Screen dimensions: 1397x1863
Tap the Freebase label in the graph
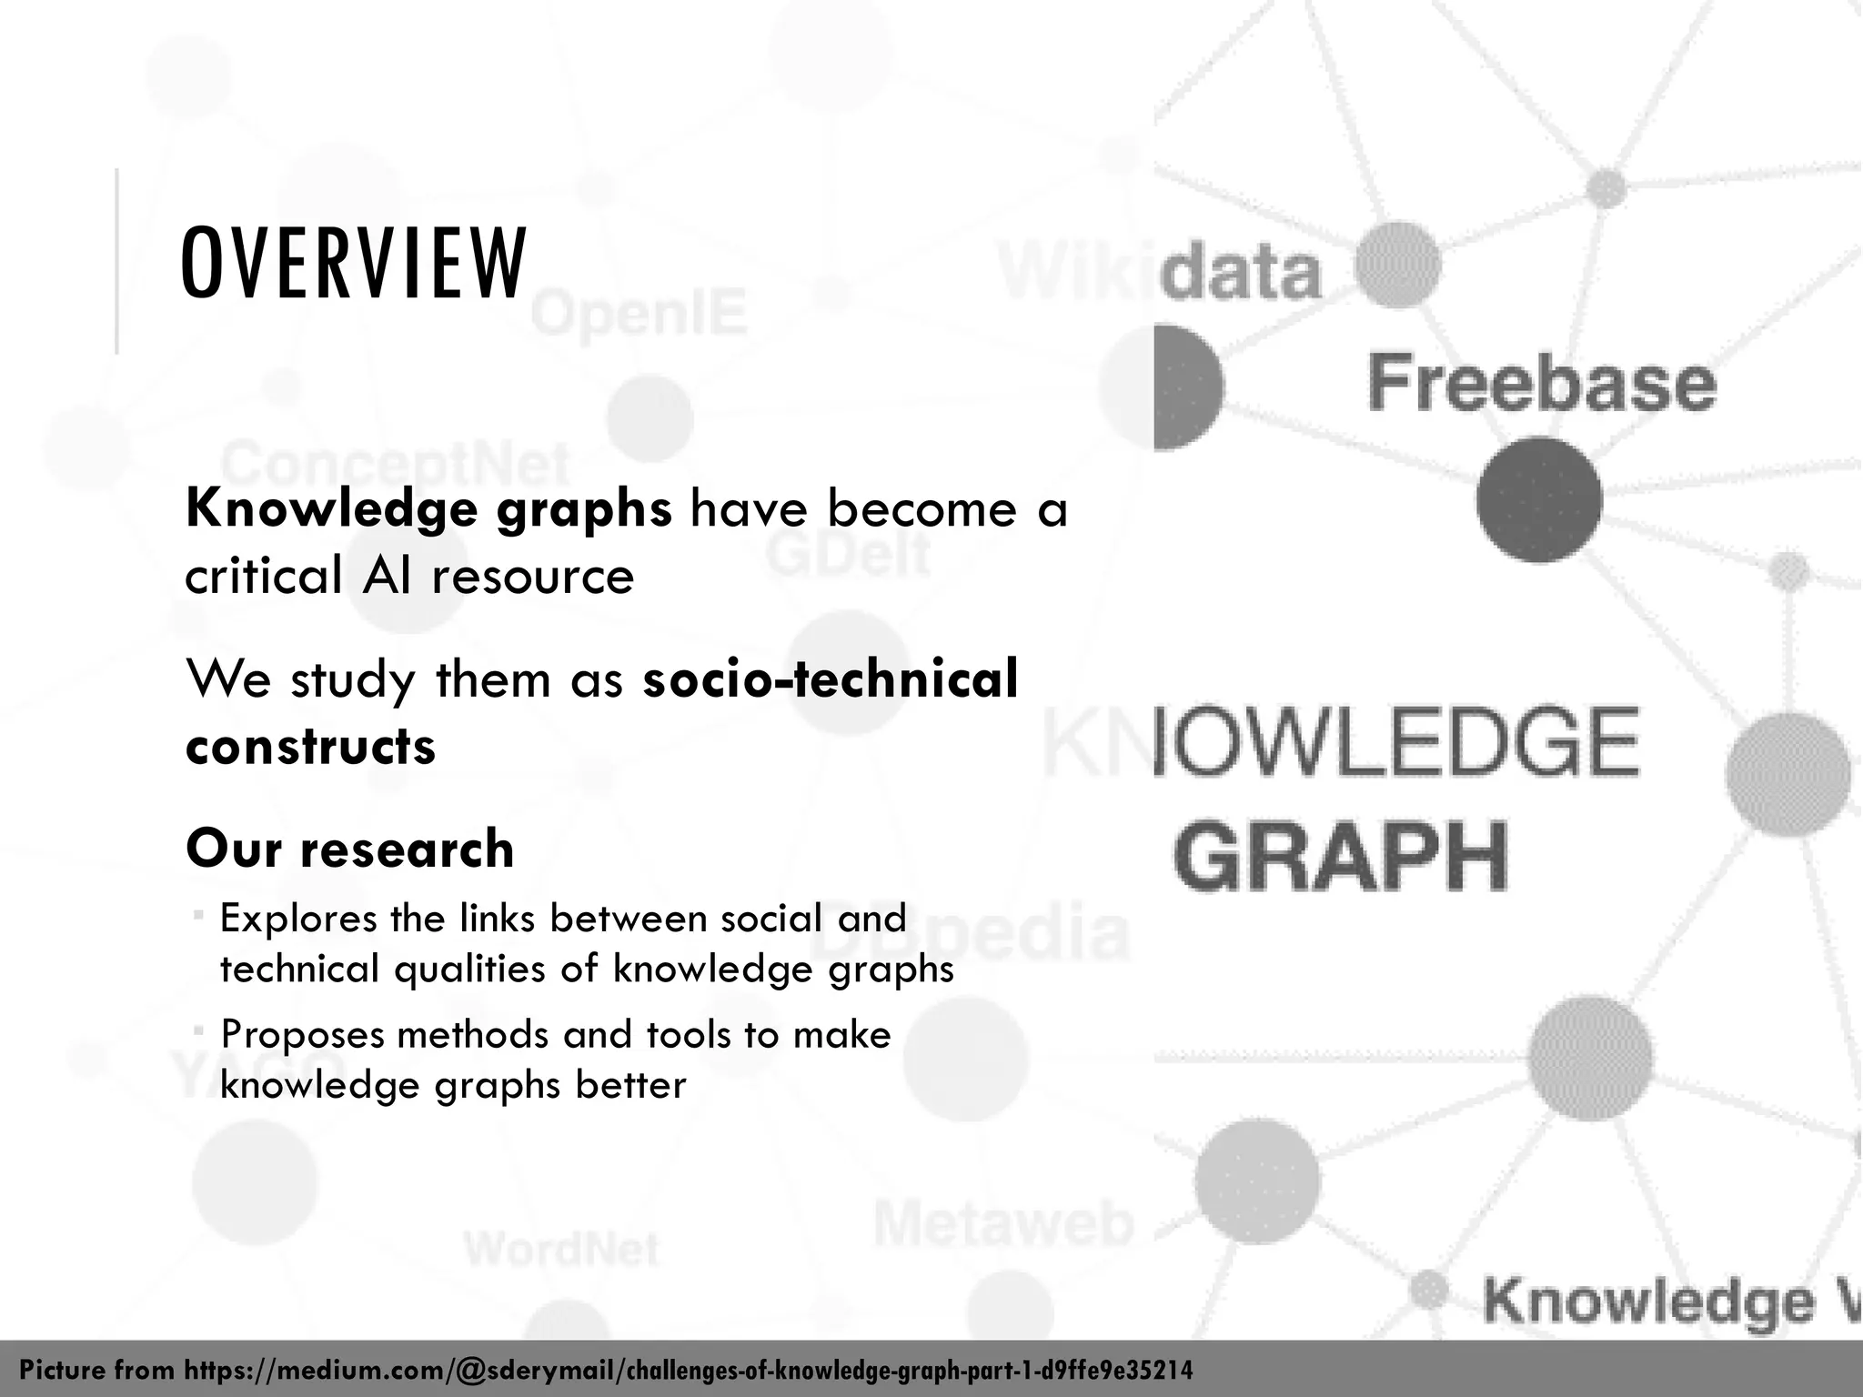click(1542, 384)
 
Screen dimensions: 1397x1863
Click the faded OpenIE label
click(639, 314)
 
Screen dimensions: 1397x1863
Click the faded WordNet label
click(561, 1249)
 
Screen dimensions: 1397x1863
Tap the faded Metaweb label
click(1004, 1224)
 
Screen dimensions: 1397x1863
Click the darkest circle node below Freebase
click(1539, 499)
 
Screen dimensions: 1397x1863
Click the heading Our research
click(350, 849)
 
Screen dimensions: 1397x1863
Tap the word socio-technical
click(830, 679)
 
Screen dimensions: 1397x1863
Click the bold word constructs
click(310, 747)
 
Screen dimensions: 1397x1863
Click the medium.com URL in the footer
click(689, 1371)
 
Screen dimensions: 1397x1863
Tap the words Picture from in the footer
click(98, 1371)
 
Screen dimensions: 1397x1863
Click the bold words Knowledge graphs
click(428, 509)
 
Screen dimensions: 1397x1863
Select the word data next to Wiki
click(1242, 271)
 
